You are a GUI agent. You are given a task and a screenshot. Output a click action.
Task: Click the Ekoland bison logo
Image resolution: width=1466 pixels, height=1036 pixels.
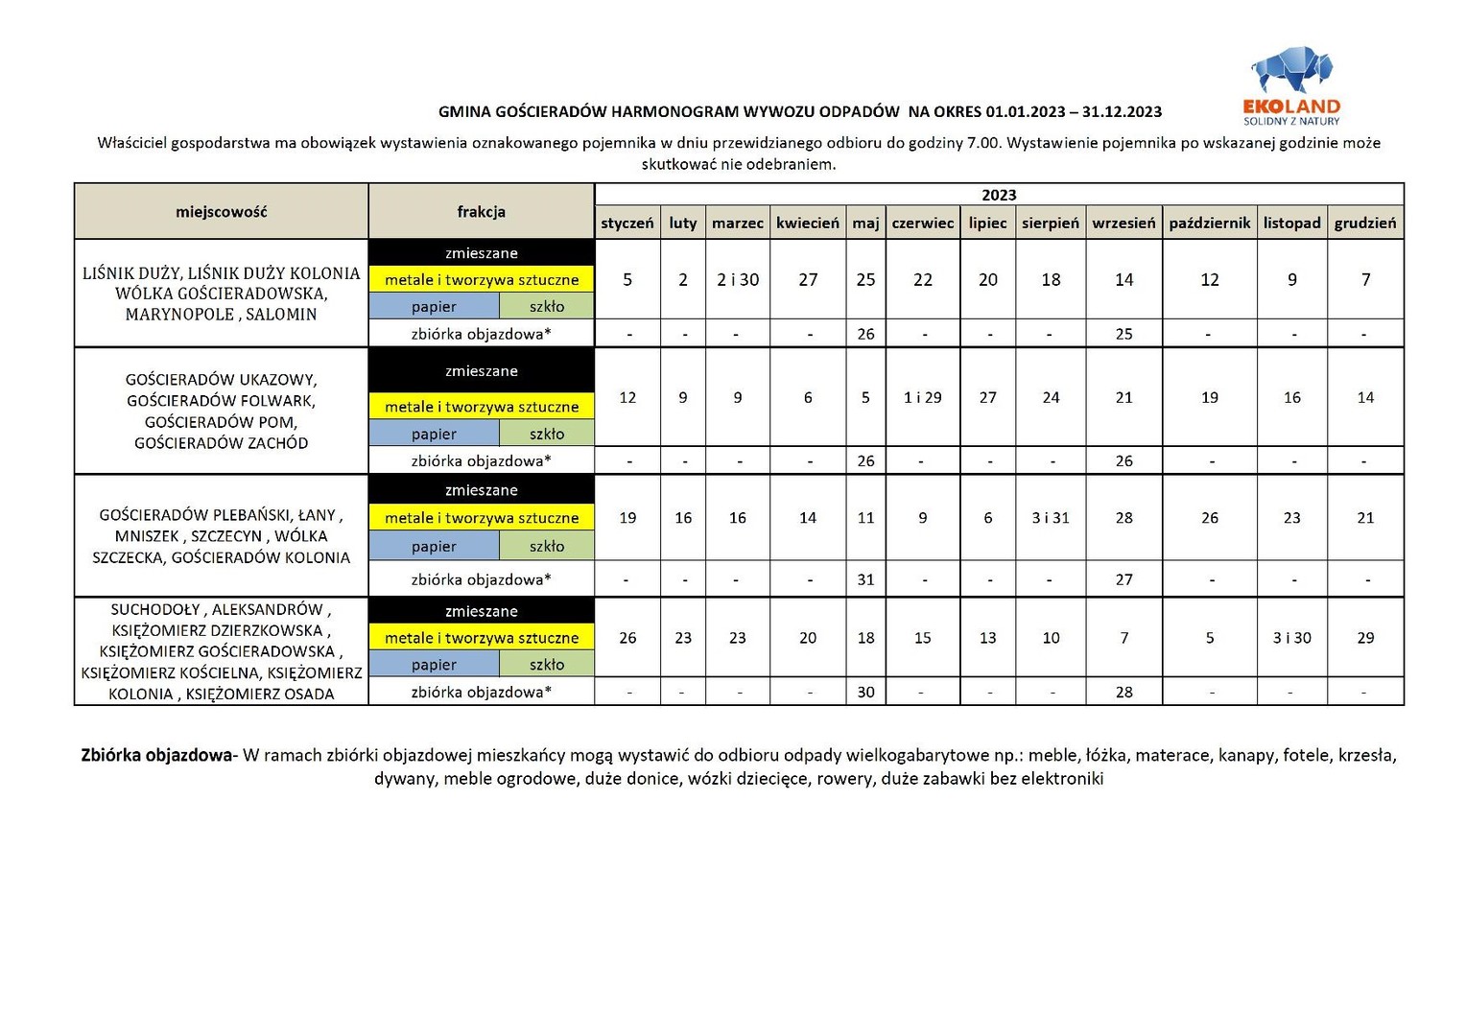1291,72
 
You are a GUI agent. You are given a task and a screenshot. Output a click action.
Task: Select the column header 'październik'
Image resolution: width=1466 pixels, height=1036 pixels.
1209,223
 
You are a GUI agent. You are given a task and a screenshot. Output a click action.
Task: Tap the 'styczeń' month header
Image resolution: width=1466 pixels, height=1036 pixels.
627,223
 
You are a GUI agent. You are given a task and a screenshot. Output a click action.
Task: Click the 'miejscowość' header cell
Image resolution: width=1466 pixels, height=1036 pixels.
221,212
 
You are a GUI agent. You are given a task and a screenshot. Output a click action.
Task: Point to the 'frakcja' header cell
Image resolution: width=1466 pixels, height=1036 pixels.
481,212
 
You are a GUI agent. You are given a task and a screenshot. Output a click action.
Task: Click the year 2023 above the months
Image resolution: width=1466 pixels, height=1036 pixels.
999,195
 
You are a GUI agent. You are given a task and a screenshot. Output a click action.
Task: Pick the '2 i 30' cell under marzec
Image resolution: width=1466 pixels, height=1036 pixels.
737,279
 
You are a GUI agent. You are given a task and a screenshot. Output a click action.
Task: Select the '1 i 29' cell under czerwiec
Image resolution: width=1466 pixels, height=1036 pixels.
922,397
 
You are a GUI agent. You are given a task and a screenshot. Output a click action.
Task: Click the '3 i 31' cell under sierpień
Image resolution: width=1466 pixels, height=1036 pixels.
1051,518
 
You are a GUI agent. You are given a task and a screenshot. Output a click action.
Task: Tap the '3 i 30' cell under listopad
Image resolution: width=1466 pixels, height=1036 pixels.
1291,638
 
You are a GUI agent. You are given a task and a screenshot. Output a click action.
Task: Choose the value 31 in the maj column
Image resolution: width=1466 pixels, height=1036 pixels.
865,579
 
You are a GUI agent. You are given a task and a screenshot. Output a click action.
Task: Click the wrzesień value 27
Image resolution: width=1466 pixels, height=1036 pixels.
1123,579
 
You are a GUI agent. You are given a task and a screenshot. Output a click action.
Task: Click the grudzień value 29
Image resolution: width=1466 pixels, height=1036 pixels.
1365,638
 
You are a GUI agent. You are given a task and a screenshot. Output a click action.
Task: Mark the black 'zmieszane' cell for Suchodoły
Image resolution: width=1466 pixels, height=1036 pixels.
481,611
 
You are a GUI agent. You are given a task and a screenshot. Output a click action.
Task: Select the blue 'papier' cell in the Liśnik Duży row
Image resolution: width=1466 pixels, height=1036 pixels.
434,307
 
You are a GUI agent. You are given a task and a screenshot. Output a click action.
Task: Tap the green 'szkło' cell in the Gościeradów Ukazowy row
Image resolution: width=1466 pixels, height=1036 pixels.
546,434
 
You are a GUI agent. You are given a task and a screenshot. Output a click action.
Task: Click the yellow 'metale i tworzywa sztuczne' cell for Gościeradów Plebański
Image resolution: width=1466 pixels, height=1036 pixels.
481,518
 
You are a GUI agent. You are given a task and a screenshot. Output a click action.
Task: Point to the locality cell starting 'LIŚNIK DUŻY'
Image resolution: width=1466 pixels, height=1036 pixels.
221,293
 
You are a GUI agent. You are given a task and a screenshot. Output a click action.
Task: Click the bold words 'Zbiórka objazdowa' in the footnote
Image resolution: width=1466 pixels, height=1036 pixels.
156,755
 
